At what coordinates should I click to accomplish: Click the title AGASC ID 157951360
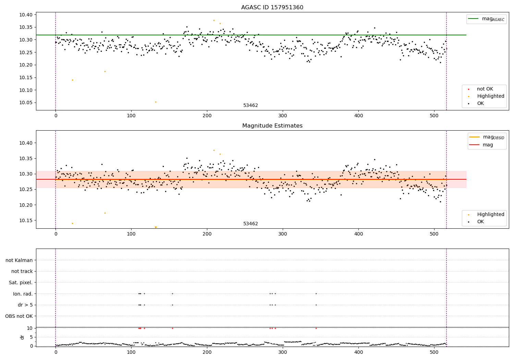pyautogui.click(x=272, y=8)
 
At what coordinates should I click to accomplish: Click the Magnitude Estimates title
pyautogui.click(x=272, y=126)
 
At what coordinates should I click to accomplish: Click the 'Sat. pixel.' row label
pyautogui.click(x=21, y=283)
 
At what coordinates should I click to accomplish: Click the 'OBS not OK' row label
pyautogui.click(x=19, y=316)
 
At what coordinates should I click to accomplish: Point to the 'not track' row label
pyautogui.click(x=22, y=272)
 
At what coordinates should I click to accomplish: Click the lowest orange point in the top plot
pyautogui.click(x=156, y=102)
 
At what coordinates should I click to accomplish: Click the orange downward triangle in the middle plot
pyautogui.click(x=156, y=227)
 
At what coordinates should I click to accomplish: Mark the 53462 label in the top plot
pyautogui.click(x=250, y=106)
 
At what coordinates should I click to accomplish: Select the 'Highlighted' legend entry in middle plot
pyautogui.click(x=490, y=215)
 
